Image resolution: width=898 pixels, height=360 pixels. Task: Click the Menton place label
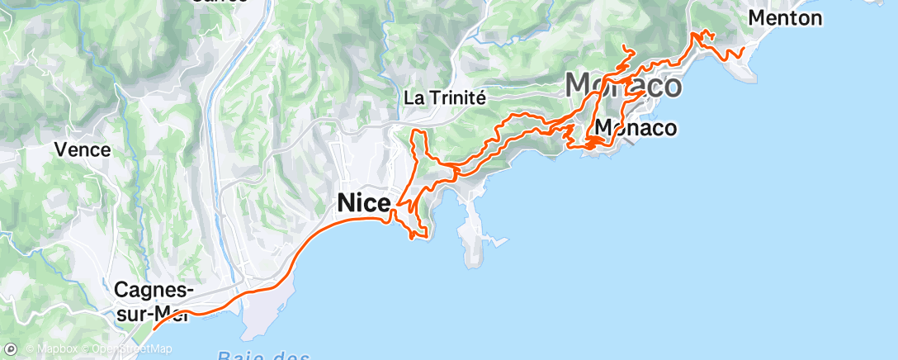pyautogui.click(x=785, y=17)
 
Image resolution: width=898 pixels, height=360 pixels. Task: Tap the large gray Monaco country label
pyautogui.click(x=623, y=86)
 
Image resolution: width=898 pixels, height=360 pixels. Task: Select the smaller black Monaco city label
pyautogui.click(x=635, y=128)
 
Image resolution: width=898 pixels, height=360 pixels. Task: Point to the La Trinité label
pyautogui.click(x=444, y=97)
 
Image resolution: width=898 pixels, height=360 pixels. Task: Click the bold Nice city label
pyautogui.click(x=364, y=201)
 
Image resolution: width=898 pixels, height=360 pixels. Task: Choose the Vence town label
pyautogui.click(x=82, y=149)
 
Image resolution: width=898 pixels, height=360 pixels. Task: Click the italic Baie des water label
pyautogui.click(x=264, y=355)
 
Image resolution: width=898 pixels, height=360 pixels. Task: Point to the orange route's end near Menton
pyautogui.click(x=743, y=49)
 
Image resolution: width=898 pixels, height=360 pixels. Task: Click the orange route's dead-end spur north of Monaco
pyautogui.click(x=624, y=46)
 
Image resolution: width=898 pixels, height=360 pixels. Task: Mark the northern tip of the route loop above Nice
pyautogui.click(x=418, y=131)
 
